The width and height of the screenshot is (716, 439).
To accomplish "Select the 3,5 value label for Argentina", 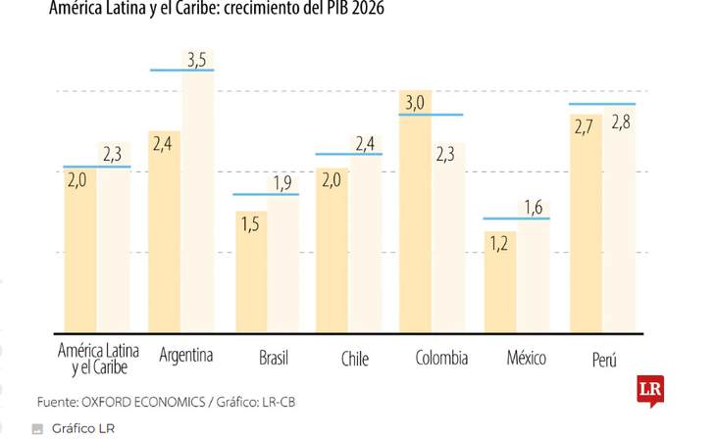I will click(x=196, y=61).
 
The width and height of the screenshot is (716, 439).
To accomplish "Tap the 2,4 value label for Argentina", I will click(x=163, y=143).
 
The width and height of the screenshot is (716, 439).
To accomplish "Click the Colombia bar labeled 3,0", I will click(x=414, y=216).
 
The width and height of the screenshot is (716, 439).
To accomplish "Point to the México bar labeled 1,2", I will click(x=498, y=284).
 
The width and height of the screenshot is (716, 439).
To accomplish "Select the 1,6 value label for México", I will click(x=533, y=207).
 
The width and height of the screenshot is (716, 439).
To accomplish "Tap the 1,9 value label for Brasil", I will click(x=281, y=183).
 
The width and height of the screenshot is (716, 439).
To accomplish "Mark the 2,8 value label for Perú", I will click(x=620, y=122).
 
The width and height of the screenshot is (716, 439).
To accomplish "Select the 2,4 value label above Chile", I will click(x=364, y=144).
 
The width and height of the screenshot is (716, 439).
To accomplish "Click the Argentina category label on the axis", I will click(x=185, y=355).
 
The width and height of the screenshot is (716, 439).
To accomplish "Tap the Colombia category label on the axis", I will click(x=441, y=357).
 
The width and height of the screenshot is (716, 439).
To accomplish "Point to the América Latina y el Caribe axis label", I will click(x=98, y=359).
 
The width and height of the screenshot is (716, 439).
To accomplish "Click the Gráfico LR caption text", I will click(x=83, y=428).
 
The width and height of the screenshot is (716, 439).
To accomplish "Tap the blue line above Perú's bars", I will click(x=602, y=104).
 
